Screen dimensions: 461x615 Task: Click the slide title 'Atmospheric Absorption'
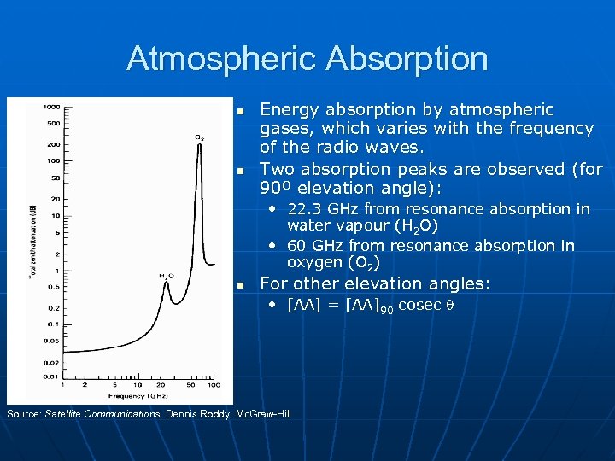tap(307, 59)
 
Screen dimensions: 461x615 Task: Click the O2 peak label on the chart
tap(198, 137)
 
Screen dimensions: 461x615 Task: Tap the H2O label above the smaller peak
tap(166, 276)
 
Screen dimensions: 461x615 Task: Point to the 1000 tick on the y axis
tap(52, 107)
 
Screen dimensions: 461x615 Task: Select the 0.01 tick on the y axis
tap(52, 376)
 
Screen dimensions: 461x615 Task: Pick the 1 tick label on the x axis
tap(63, 387)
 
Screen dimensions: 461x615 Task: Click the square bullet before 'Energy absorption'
tap(241, 112)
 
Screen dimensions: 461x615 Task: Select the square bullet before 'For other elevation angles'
tap(241, 285)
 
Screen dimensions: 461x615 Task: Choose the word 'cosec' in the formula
tap(419, 306)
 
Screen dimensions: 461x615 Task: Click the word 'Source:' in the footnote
tap(23, 413)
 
